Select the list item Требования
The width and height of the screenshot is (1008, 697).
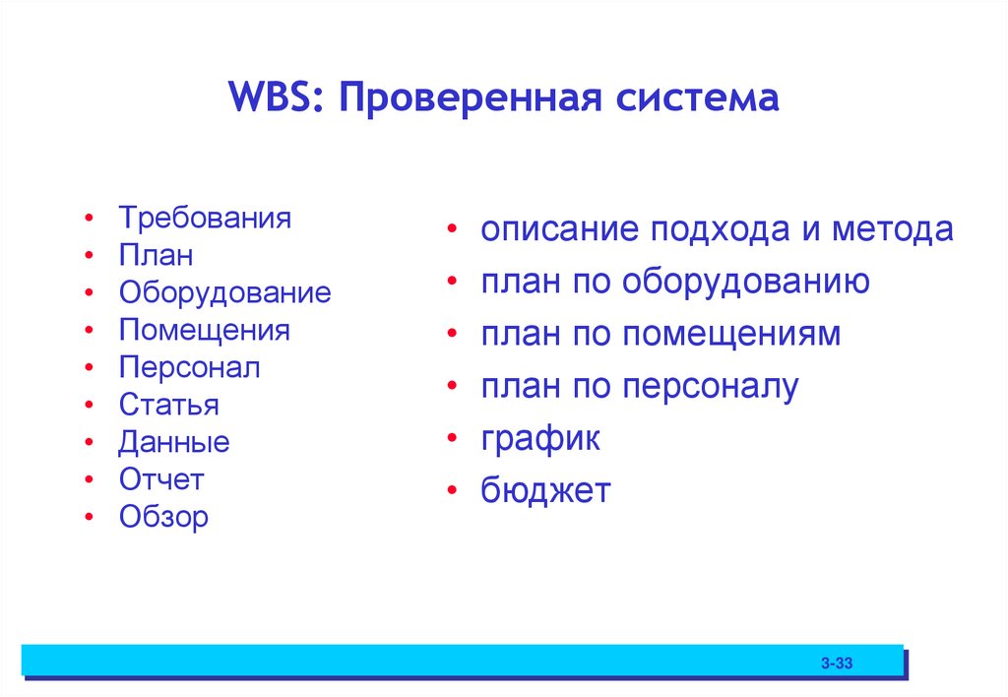(205, 218)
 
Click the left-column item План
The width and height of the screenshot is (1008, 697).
(156, 255)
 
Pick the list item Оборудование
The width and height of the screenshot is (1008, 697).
(224, 292)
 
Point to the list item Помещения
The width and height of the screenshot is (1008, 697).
(204, 330)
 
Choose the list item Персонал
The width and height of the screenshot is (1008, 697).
(189, 367)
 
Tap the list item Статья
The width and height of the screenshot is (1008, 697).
(168, 405)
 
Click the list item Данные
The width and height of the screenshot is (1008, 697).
(174, 442)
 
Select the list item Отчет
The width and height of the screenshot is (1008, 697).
(161, 479)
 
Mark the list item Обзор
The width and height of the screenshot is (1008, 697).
(163, 517)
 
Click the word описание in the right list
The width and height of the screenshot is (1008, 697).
(559, 230)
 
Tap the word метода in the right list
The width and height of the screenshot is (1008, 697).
(893, 230)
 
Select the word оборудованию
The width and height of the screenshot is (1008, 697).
(745, 283)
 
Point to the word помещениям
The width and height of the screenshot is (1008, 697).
(731, 335)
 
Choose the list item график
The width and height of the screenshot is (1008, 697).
(540, 439)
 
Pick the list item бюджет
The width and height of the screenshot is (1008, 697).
(545, 490)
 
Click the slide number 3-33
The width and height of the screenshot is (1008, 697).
(837, 665)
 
